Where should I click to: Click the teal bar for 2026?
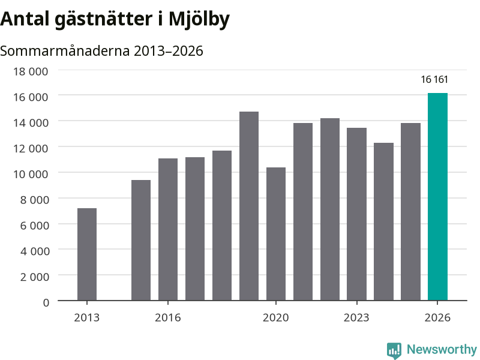[x=437, y=197]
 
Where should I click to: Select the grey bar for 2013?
[x=87, y=254]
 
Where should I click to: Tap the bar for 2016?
[x=168, y=229]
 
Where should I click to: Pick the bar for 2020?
[x=276, y=234]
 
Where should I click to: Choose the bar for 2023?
[x=356, y=214]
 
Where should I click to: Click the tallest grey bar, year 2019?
[x=249, y=206]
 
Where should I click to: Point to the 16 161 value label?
[x=434, y=80]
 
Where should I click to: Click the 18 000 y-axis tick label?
[x=31, y=71]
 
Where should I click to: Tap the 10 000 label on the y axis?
[x=31, y=174]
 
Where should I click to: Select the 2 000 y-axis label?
[x=34, y=277]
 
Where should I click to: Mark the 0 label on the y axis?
[x=46, y=302]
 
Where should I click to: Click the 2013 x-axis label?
[x=87, y=317]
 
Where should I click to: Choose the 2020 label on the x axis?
[x=276, y=317]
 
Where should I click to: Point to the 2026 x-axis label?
[x=437, y=317]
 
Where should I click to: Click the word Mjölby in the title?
[x=199, y=19]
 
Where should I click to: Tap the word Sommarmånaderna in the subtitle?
[x=65, y=51]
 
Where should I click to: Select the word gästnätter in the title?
[x=104, y=19]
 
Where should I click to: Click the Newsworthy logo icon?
[x=394, y=350]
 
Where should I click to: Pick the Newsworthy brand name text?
[x=442, y=349]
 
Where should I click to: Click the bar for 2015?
[x=141, y=241]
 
